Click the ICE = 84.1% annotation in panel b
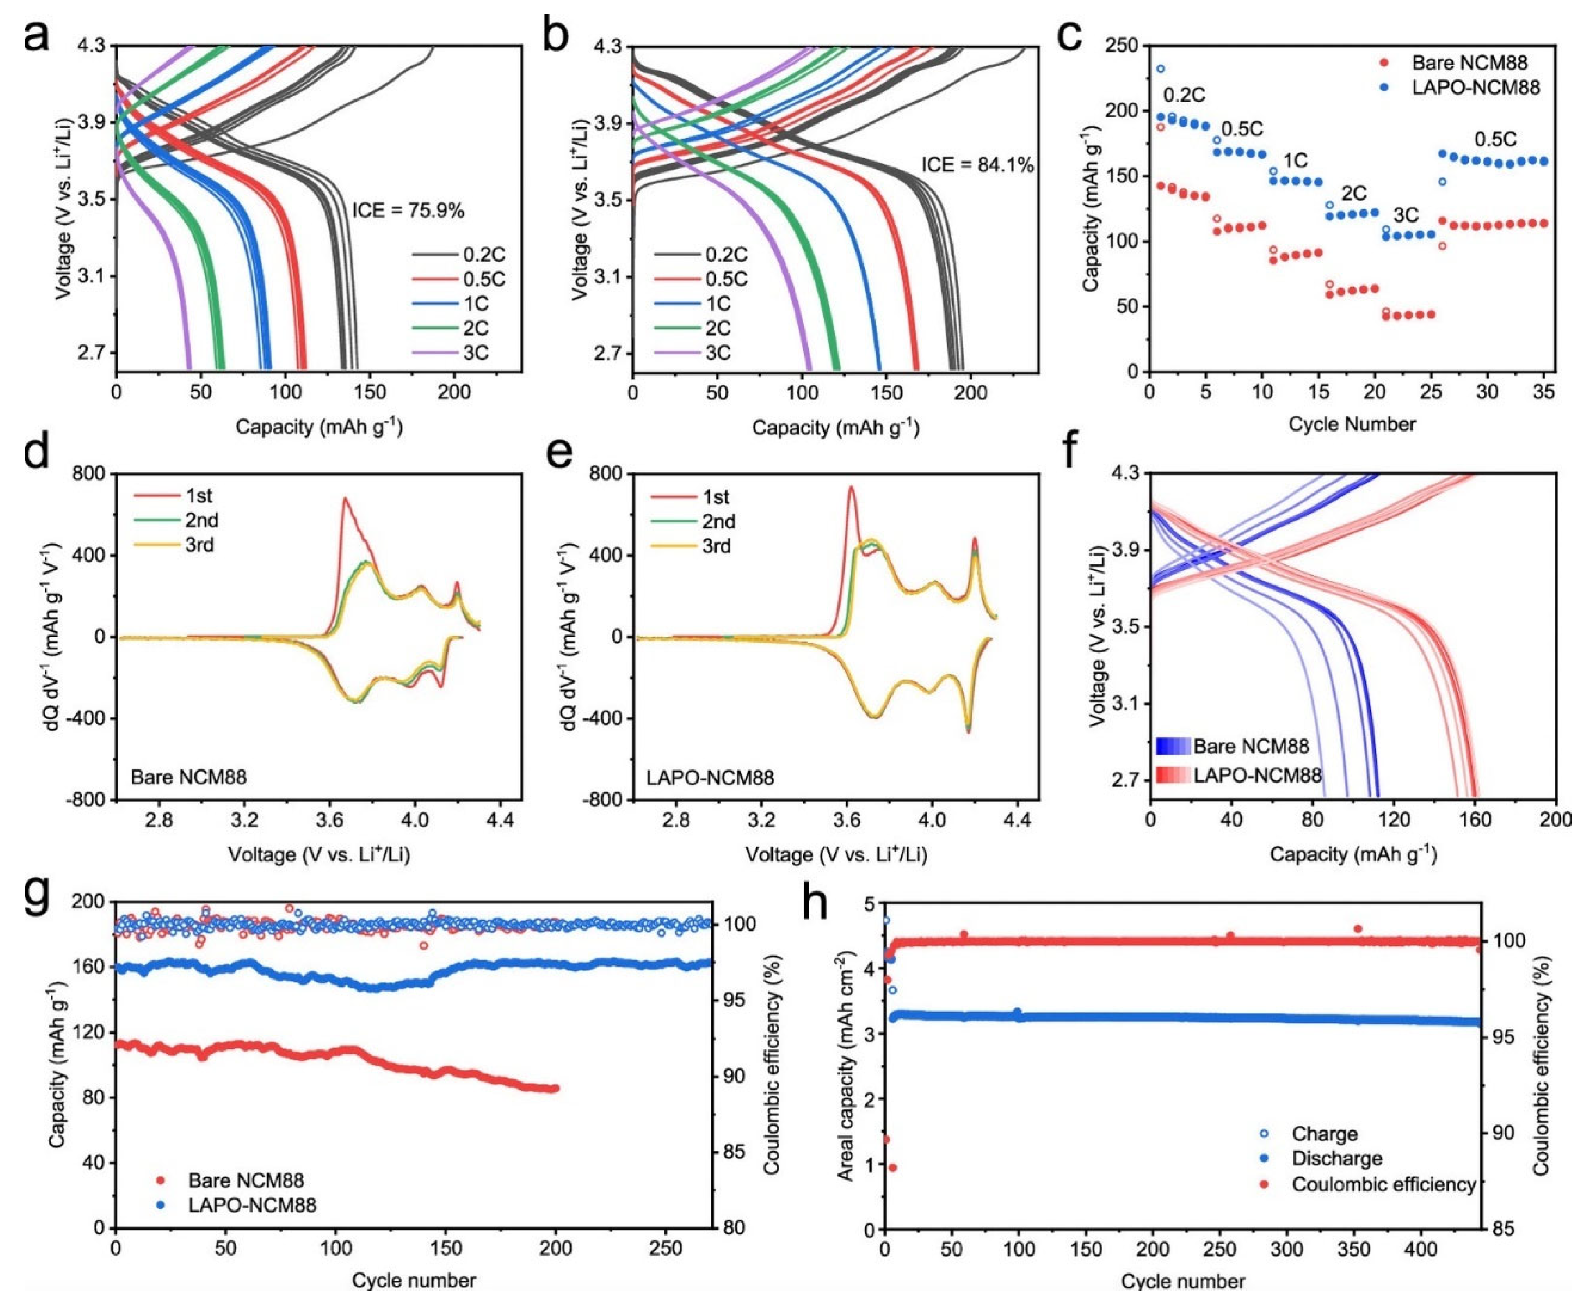[977, 164]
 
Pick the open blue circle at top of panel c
[1160, 68]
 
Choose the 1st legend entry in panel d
[198, 496]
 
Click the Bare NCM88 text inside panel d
[188, 776]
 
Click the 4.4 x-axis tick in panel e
[1017, 821]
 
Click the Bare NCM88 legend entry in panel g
[246, 1180]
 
